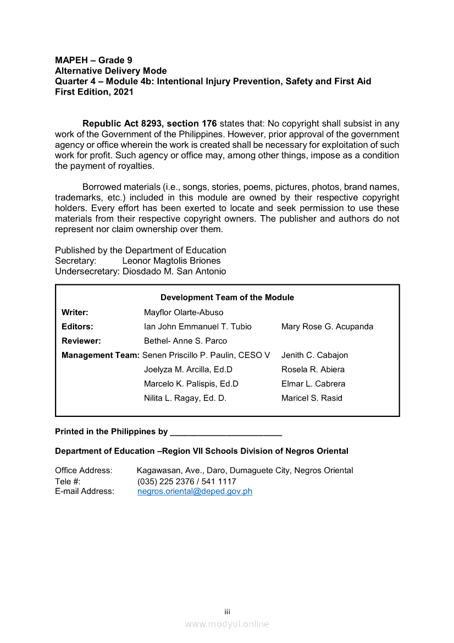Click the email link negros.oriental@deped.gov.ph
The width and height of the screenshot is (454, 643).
tap(195, 491)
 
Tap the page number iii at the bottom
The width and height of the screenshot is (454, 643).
tap(227, 612)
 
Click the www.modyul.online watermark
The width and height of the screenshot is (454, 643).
tap(227, 624)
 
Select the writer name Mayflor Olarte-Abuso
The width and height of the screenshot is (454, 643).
tap(184, 312)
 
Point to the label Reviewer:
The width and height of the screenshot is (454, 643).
tap(81, 340)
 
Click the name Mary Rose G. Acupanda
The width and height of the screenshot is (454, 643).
tap(327, 326)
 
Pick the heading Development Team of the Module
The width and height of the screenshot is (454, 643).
tap(227, 297)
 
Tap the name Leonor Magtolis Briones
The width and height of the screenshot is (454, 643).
tap(171, 261)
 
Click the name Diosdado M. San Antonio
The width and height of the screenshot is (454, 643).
tap(174, 271)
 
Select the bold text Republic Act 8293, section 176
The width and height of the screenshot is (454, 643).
tap(150, 123)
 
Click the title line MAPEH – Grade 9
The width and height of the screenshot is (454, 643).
tap(93, 60)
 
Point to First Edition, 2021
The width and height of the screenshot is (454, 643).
tap(94, 92)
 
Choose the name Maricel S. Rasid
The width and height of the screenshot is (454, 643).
tap(312, 398)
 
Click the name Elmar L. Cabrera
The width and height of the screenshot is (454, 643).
tap(313, 383)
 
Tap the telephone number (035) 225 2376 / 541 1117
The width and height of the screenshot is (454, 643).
tap(186, 481)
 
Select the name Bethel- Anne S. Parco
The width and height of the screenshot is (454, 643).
tap(185, 340)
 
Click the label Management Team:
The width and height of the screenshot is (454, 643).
tap(101, 355)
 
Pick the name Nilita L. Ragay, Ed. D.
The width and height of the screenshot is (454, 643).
tap(185, 398)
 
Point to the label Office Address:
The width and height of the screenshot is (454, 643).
tap(84, 470)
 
